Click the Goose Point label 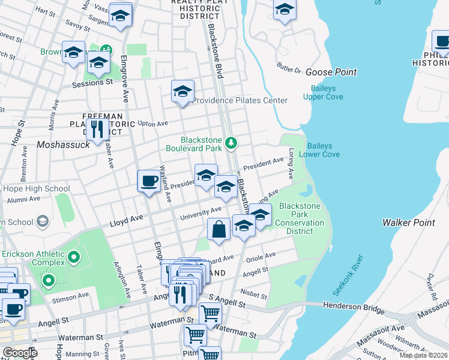tap(331, 72)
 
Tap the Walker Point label tap(408, 223)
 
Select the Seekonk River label tap(348, 275)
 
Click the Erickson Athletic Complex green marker tap(74, 258)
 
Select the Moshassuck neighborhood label tap(63, 145)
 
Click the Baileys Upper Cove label tap(327, 92)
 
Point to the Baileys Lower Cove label tap(323, 150)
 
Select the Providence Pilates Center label tap(240, 100)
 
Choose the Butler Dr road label tap(289, 67)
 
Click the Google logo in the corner tap(20, 353)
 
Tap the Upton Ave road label tap(152, 123)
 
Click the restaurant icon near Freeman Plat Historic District tap(96, 128)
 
